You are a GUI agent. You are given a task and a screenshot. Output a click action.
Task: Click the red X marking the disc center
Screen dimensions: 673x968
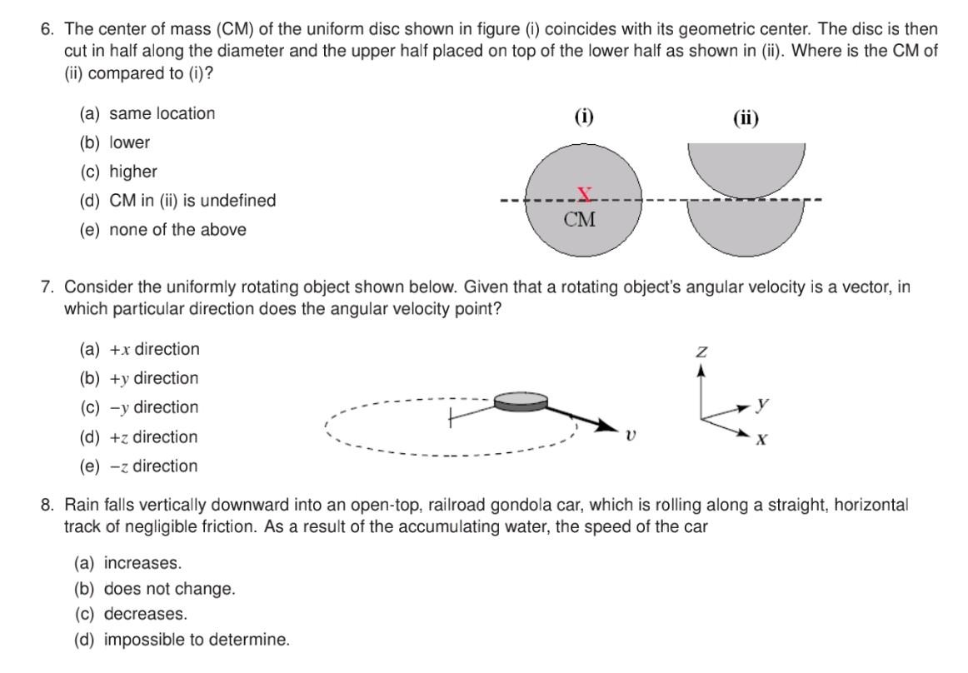coord(585,195)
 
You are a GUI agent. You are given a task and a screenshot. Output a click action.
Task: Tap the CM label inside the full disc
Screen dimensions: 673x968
coord(580,221)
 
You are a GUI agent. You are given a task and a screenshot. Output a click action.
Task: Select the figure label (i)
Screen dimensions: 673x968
coord(584,117)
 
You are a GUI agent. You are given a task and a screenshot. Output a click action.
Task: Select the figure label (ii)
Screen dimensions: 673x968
coord(746,117)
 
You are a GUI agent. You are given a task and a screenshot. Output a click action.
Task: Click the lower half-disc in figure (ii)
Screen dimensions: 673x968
coord(746,225)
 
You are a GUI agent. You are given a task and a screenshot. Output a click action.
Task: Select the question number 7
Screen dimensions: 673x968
coord(48,287)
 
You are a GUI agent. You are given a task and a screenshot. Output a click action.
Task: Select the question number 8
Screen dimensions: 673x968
coord(48,505)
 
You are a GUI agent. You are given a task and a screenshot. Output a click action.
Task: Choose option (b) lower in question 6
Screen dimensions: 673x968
coord(115,142)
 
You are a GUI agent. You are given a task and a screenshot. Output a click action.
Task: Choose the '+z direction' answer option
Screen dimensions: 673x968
coord(139,436)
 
